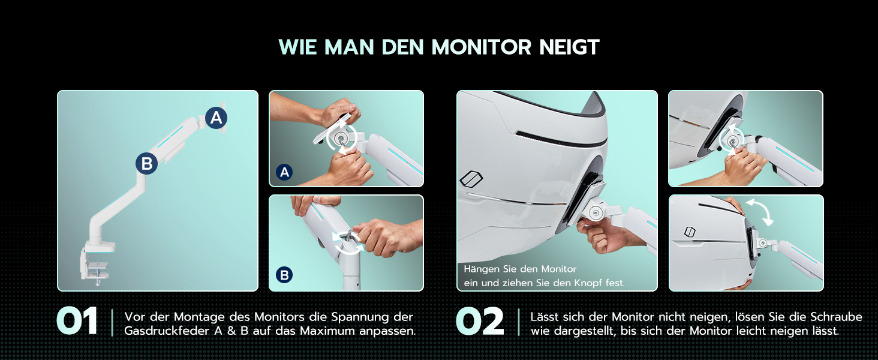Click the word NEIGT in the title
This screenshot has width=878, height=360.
coord(569,47)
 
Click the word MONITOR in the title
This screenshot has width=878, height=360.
coord(482,47)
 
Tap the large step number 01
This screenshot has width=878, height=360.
coord(77,321)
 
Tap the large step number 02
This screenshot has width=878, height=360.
coord(480,321)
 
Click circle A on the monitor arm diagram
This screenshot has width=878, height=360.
coord(216,118)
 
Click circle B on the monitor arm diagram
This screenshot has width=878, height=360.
coord(146,163)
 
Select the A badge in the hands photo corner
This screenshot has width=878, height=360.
coord(284,172)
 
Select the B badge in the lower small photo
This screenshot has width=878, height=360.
coord(284,275)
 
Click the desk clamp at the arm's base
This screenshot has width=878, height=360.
coord(96,263)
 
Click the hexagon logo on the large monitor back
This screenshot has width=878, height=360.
coord(471,178)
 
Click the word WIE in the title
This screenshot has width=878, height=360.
coord(298,47)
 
